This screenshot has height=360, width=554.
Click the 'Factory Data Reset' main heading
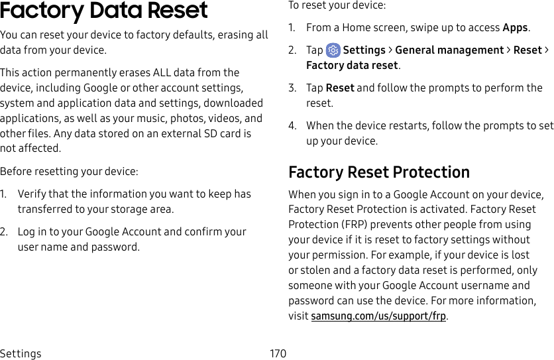pos(104,11)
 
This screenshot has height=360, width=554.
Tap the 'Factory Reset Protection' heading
pos(379,172)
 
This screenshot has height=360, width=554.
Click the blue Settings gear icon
pos(333,50)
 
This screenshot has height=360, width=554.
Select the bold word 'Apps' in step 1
pos(515,28)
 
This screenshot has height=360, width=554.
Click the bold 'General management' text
pos(449,50)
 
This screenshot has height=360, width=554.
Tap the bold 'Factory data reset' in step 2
pos(352,66)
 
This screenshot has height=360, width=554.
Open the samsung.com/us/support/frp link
pos(378,316)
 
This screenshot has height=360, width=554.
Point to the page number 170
pos(278,353)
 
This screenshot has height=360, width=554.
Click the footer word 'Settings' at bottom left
pos(21,353)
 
